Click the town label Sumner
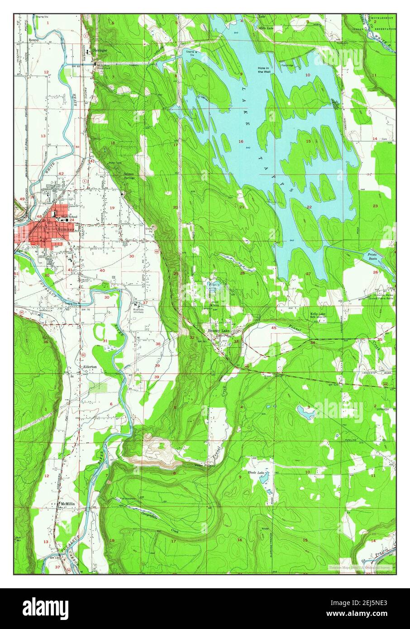click(68, 229)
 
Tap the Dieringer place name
click(100, 50)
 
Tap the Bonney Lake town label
click(219, 331)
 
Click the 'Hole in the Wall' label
click(264, 70)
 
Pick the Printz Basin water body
click(374, 257)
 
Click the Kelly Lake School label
click(319, 315)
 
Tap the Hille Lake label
click(266, 28)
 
